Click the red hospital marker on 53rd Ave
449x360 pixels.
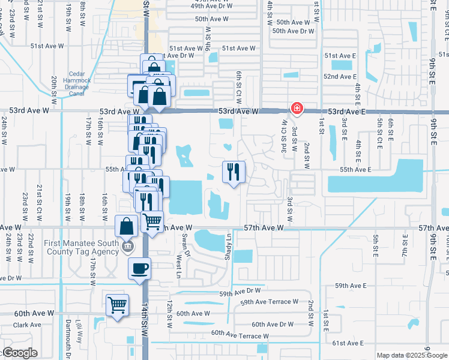pos(296,108)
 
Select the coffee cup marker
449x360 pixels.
pos(139,268)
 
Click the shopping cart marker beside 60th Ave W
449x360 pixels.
pos(117,304)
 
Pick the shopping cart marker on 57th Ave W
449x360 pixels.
pos(152,221)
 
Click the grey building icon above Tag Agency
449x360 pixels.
pos(127,247)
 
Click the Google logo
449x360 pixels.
pos(19,353)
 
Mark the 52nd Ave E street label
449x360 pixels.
pos(340,77)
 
